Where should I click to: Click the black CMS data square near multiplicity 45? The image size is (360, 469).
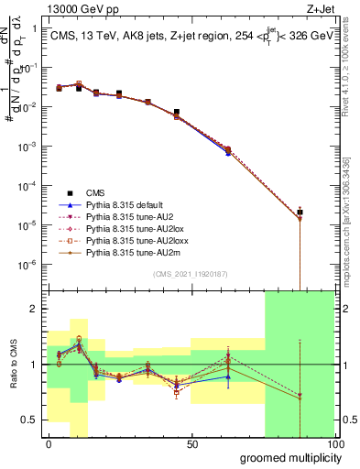(177, 112)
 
